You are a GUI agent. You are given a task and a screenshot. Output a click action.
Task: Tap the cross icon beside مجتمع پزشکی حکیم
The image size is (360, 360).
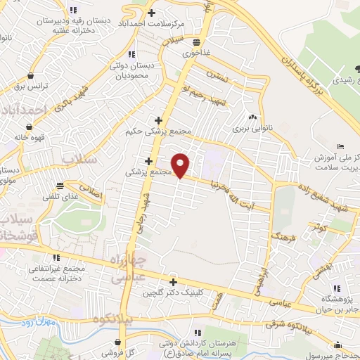coord(159,120)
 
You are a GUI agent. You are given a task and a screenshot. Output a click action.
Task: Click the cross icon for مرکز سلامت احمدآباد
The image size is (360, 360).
coord(153,12)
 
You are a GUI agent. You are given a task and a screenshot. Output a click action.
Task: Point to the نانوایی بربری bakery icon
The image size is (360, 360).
coord(252,117)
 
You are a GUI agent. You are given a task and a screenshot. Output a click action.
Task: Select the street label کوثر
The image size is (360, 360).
coord(321,229)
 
